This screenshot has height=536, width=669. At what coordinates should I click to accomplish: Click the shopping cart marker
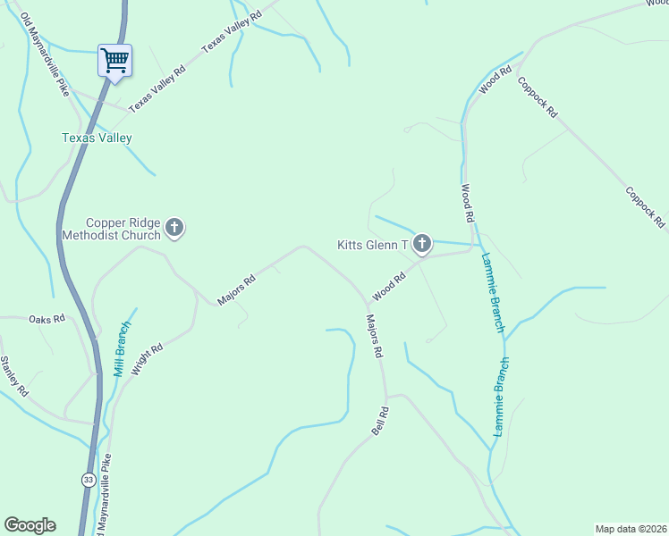tap(114, 61)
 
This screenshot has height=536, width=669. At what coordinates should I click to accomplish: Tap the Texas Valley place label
tap(97, 138)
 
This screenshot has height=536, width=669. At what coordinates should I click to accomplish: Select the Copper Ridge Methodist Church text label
tap(111, 229)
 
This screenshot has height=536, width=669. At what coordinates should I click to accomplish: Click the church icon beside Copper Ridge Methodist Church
tap(174, 229)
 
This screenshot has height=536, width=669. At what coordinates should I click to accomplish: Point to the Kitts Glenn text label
tap(372, 244)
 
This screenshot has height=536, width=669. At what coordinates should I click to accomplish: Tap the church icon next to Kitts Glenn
tap(422, 243)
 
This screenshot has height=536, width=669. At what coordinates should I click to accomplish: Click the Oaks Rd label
tap(47, 319)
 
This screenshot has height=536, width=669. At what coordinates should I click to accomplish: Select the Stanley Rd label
tap(14, 376)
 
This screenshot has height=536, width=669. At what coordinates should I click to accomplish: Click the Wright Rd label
tap(147, 359)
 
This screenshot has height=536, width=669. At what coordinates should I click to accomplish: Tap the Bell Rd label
tap(380, 422)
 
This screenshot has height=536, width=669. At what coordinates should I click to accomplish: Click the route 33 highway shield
tap(88, 479)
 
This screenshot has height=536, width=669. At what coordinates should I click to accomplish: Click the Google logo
tap(30, 525)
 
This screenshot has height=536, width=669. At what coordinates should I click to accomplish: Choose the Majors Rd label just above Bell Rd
tap(374, 335)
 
